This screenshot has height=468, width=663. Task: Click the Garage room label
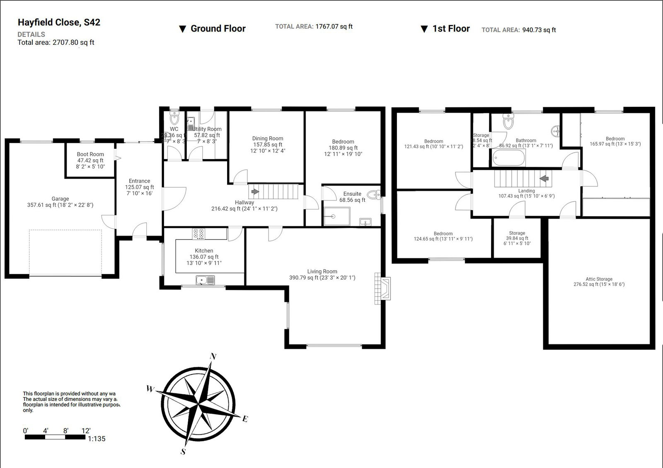coord(60,199)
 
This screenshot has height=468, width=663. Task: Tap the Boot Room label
coord(90,154)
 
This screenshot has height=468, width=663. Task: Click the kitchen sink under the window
coord(205,281)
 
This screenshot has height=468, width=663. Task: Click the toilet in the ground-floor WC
coord(174,119)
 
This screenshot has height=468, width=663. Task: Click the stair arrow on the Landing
coord(544,179)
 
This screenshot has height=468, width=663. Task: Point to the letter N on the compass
coord(214,357)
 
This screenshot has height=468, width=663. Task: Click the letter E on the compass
coord(245,419)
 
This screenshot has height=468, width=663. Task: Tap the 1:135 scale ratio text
coord(97,439)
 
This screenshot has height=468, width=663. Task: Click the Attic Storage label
coord(599,279)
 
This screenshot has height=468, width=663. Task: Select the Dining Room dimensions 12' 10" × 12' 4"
coord(268,151)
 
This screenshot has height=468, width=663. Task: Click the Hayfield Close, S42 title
coord(59,22)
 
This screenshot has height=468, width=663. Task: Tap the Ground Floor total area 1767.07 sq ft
coord(334,27)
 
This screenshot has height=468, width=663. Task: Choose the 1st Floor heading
coord(450,29)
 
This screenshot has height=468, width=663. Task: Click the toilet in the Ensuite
coord(374,195)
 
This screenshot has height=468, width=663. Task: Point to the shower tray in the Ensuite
coord(336,216)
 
